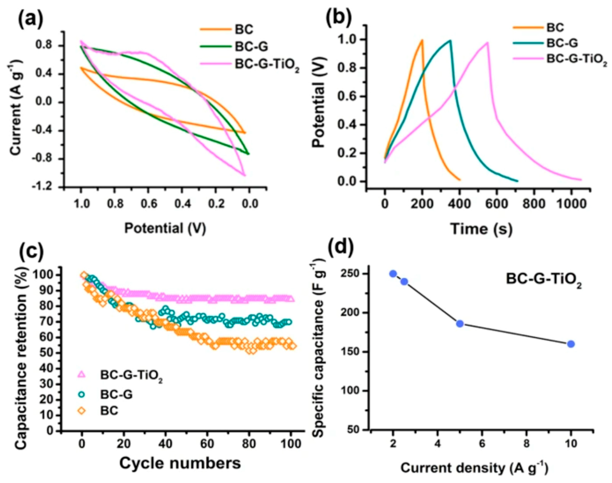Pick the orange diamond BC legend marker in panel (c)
pos(82,411)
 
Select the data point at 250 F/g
pos(393,274)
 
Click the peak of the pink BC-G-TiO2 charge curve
pos(487,43)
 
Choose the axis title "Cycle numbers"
pos(180,463)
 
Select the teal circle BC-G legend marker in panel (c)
pos(82,394)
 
